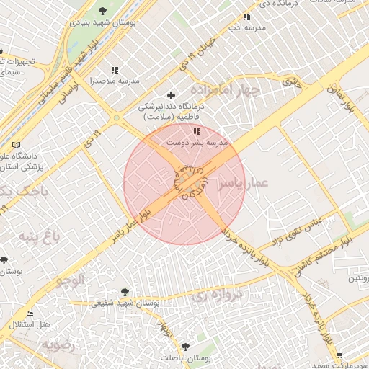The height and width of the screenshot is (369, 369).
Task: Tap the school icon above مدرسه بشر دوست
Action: pos(196,131)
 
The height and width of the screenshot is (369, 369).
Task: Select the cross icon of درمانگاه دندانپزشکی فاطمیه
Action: pos(171,95)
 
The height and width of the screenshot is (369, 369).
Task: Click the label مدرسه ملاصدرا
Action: pos(115,81)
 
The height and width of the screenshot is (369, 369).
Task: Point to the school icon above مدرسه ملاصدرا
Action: pos(114,70)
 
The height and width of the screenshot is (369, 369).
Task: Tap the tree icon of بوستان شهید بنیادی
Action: pos(102,11)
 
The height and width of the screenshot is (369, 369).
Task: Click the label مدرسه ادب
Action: pos(246,27)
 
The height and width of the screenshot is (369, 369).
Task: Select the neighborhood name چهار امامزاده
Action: pos(231,91)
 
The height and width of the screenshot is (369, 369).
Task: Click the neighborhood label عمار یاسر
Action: pos(249,184)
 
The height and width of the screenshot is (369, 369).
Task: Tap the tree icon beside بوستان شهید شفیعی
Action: pos(125,292)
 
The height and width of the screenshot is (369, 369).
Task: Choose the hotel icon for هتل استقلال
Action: pos(30,314)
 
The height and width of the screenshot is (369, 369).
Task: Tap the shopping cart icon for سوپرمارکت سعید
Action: pos(339,355)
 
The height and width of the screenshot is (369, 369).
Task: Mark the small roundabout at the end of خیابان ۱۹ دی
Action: pos(116,118)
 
